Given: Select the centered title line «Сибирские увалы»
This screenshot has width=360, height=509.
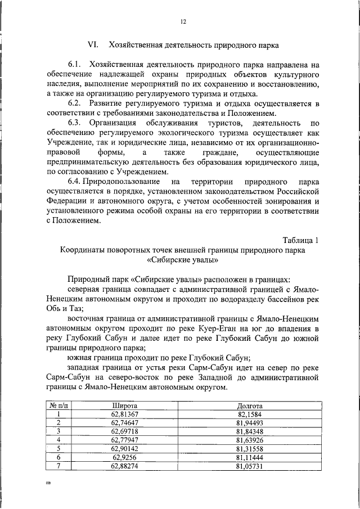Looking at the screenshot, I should point(183,260).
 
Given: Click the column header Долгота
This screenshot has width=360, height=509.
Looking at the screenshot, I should point(249,405).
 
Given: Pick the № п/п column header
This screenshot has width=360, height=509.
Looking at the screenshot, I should point(58,405).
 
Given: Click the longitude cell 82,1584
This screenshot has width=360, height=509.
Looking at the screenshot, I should point(249,413).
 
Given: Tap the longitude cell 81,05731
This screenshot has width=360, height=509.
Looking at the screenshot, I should point(249,466).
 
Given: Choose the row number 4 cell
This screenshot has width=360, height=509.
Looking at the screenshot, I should point(58,440).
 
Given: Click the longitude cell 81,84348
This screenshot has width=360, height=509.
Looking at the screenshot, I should point(249,431).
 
